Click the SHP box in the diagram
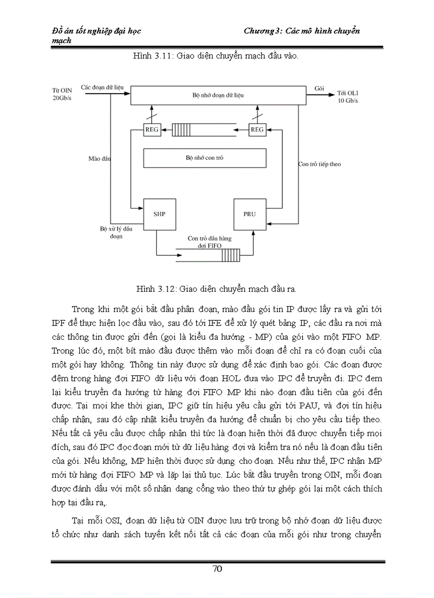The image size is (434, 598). (x=159, y=214)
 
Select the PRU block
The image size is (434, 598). (x=249, y=214)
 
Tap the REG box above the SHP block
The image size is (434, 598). (x=152, y=129)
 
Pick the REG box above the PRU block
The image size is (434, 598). (x=257, y=129)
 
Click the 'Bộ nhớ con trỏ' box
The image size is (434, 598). (x=205, y=158)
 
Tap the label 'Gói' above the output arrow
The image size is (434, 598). (x=320, y=88)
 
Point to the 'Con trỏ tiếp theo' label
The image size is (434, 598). (x=319, y=164)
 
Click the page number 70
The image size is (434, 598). (x=217, y=569)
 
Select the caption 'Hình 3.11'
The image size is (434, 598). (x=148, y=55)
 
